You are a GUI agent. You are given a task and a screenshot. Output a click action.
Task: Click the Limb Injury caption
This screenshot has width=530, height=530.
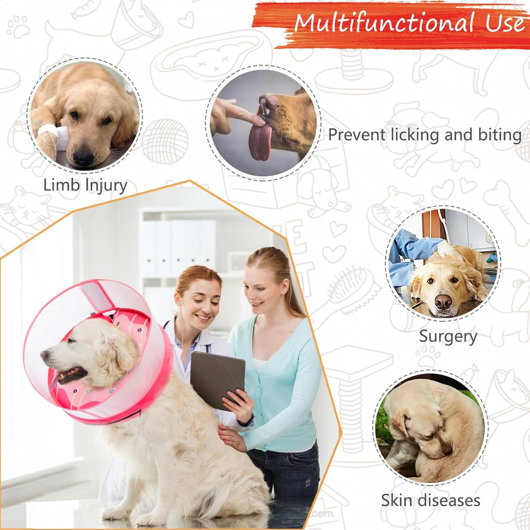point(85,185)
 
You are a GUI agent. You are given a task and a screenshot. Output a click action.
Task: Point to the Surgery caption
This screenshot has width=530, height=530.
point(448,336)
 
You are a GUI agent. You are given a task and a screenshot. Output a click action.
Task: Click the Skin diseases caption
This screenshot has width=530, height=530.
point(430,500)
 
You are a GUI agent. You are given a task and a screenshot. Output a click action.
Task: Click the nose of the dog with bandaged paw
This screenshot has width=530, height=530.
point(83,156)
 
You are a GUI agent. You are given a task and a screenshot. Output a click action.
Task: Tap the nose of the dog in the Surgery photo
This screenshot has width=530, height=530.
point(443,302)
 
